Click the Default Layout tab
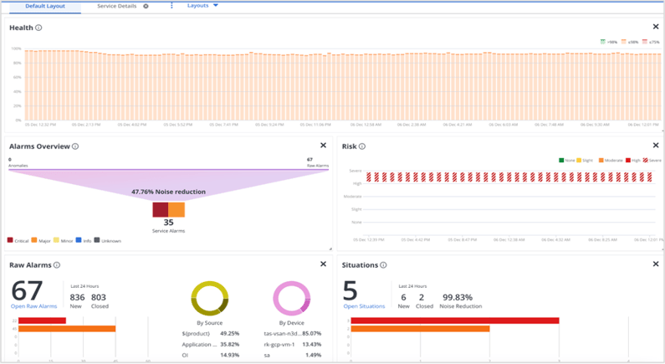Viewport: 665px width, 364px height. click(x=45, y=6)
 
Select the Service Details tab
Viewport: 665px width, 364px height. click(x=116, y=6)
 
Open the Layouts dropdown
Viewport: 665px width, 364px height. click(x=202, y=6)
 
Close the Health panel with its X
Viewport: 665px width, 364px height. click(x=656, y=28)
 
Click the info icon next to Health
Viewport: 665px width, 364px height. click(x=38, y=28)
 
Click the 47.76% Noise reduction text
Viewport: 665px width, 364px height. click(x=168, y=192)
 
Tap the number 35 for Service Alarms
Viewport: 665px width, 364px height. click(x=168, y=223)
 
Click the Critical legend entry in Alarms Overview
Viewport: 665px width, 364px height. click(x=18, y=241)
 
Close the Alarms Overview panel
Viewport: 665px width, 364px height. click(x=324, y=146)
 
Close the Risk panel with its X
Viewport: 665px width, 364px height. click(x=656, y=146)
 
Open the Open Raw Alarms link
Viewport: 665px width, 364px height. click(x=33, y=306)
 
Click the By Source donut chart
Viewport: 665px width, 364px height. click(x=209, y=298)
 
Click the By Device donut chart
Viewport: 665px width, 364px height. click(x=291, y=298)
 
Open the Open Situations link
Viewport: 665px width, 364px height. click(x=364, y=306)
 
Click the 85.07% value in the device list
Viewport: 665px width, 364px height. click(x=311, y=332)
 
